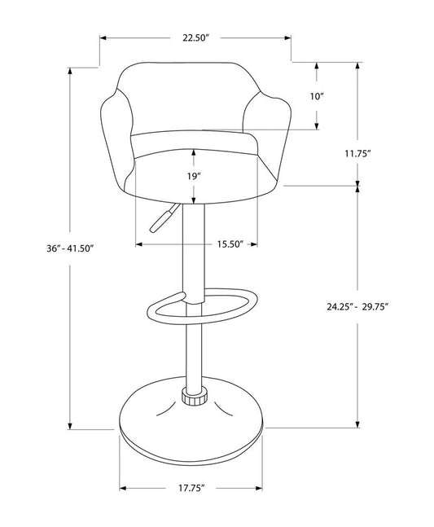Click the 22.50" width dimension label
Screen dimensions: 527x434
point(195,37)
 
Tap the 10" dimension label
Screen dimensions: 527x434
point(317,96)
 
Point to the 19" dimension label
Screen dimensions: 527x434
point(194,175)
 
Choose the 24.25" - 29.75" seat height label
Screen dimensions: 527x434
point(357,306)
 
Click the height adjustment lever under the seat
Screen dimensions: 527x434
point(160,221)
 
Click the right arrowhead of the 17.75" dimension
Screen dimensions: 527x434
point(261,488)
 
